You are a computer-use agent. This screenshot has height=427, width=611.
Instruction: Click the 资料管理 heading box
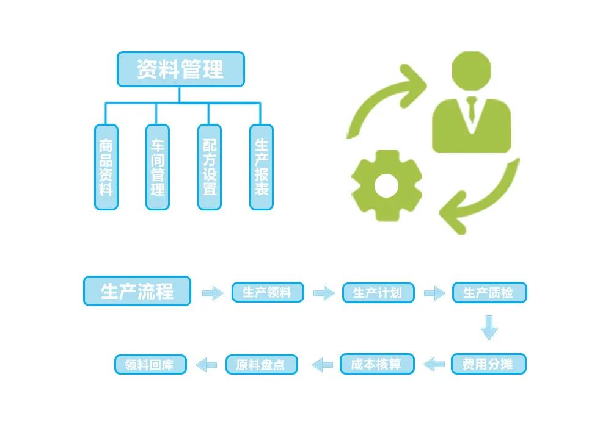pyautogui.click(x=180, y=69)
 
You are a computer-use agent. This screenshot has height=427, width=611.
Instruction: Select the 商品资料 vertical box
pyautogui.click(x=106, y=167)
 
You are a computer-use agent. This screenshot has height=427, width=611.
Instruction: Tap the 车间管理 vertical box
pyautogui.click(x=158, y=167)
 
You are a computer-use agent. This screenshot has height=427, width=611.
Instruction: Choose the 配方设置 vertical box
pyautogui.click(x=210, y=167)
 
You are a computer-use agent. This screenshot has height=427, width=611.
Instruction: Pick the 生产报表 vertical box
pyautogui.click(x=262, y=167)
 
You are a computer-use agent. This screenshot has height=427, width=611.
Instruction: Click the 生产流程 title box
pyautogui.click(x=137, y=291)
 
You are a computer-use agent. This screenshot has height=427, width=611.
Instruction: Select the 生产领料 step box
pyautogui.click(x=267, y=292)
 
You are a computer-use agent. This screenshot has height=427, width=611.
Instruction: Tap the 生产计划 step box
pyautogui.click(x=378, y=293)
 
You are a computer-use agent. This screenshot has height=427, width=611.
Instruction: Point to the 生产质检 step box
pyautogui.click(x=489, y=293)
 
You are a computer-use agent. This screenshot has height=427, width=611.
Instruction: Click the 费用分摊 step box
pyautogui.click(x=488, y=364)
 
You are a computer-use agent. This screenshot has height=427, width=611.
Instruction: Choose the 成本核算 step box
pyautogui.click(x=377, y=364)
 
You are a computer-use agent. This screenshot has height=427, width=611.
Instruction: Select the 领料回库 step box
pyautogui.click(x=150, y=365)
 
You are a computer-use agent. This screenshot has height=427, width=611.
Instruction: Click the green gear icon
pyautogui.click(x=386, y=186)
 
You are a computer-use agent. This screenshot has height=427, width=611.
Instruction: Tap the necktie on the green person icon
pyautogui.click(x=472, y=110)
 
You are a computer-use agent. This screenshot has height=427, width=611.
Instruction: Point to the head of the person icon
pyautogui.click(x=472, y=72)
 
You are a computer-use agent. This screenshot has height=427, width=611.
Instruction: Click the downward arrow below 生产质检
pyautogui.click(x=489, y=328)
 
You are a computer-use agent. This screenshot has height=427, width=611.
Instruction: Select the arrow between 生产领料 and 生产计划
pyautogui.click(x=323, y=293)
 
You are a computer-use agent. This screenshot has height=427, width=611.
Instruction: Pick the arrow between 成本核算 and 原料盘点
pyautogui.click(x=322, y=365)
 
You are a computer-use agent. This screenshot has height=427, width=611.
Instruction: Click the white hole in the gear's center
pyautogui.click(x=386, y=186)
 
